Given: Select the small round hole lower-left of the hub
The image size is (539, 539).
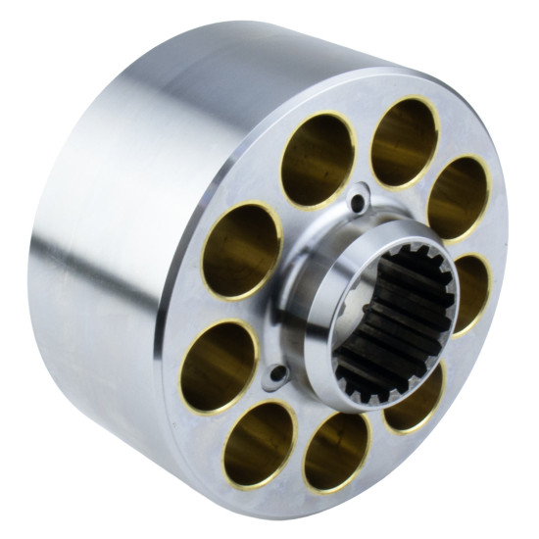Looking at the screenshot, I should coord(278,372).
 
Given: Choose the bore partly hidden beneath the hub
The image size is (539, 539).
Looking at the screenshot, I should coord(416,396).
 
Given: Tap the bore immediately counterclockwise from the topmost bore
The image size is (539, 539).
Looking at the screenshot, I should coord(319,160).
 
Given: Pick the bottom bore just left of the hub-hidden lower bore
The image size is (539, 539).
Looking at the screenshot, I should coord(335,450).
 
